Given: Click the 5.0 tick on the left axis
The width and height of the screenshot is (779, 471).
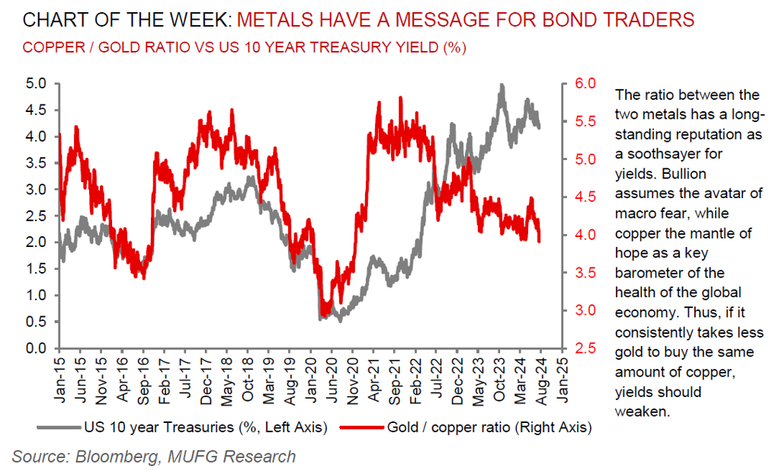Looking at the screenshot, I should (37, 83).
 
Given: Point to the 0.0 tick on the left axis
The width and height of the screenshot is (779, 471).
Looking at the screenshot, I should (37, 348).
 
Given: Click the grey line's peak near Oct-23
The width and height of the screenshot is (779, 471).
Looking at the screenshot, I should (502, 85).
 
